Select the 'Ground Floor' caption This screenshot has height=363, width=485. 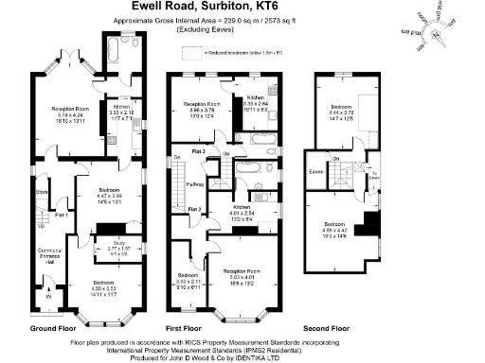click(x=54, y=327)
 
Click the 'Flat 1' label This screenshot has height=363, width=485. click(x=63, y=214)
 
